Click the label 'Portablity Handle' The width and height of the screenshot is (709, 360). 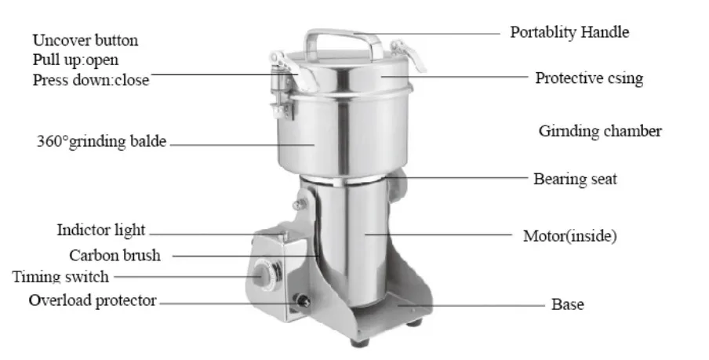pyautogui.click(x=569, y=32)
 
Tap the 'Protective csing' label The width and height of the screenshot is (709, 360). pyautogui.click(x=589, y=78)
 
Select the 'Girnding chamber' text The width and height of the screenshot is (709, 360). pyautogui.click(x=600, y=131)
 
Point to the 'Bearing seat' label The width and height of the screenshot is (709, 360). pyautogui.click(x=575, y=179)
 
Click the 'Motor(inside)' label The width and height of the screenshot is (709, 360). pyautogui.click(x=569, y=235)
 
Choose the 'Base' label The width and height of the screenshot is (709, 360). pyautogui.click(x=568, y=304)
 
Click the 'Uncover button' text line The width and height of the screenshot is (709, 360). pyautogui.click(x=85, y=40)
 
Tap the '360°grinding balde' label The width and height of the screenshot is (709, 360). pyautogui.click(x=101, y=141)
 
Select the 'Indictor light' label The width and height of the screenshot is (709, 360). pyautogui.click(x=101, y=230)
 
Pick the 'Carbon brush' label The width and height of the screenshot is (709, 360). pyautogui.click(x=115, y=256)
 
